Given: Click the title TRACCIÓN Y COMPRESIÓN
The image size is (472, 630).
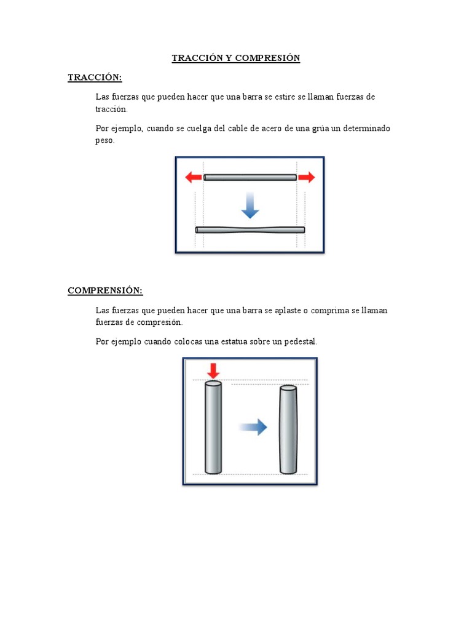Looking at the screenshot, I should [x=235, y=58].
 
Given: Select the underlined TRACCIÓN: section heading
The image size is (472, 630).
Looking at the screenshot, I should [x=95, y=78].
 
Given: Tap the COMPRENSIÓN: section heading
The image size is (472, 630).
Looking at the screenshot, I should [x=105, y=290].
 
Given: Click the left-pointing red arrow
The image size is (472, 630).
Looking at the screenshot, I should [x=193, y=177].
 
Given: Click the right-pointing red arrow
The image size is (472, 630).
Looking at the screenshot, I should [x=307, y=177].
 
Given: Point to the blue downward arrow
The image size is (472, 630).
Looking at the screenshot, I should [x=250, y=205].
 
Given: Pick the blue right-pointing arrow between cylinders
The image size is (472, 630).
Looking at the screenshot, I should [x=253, y=427].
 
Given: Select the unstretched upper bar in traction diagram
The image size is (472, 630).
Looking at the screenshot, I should [x=250, y=177].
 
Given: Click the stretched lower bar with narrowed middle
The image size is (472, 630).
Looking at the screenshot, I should [x=250, y=230].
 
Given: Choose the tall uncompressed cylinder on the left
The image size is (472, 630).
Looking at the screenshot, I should [x=213, y=428].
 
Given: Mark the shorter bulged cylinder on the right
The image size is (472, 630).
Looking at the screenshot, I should [x=288, y=430].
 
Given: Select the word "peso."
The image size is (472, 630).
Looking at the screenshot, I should [x=105, y=140].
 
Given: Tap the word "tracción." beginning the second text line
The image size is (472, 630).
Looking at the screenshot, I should [x=111, y=109].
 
